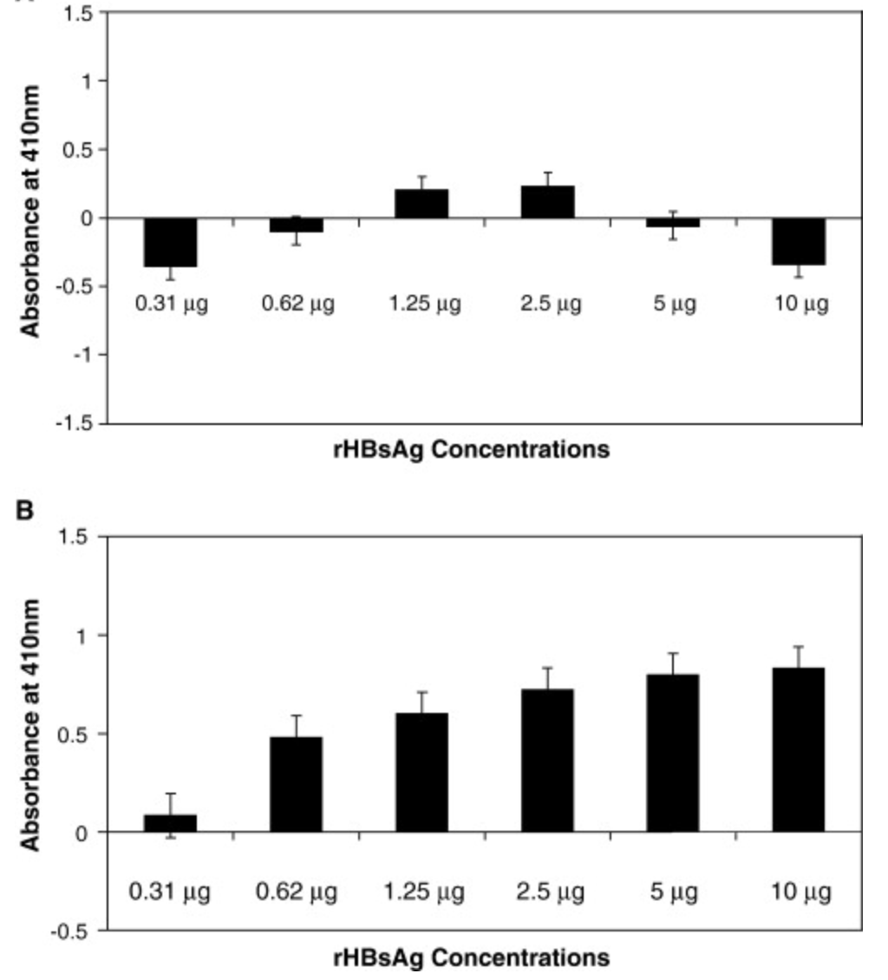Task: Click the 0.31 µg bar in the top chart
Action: (170, 242)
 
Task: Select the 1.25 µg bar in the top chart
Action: (421, 204)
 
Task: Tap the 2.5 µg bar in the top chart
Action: (547, 202)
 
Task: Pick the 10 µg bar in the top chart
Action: (799, 241)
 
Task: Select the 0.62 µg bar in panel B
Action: (296, 784)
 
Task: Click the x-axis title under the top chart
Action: (470, 451)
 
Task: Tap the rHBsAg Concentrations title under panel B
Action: (470, 958)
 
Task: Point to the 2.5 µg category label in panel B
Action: (547, 892)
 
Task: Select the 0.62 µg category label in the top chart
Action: (296, 305)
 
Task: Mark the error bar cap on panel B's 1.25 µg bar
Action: (421, 692)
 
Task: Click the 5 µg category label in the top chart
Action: (673, 305)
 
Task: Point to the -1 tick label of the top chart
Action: (82, 355)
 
